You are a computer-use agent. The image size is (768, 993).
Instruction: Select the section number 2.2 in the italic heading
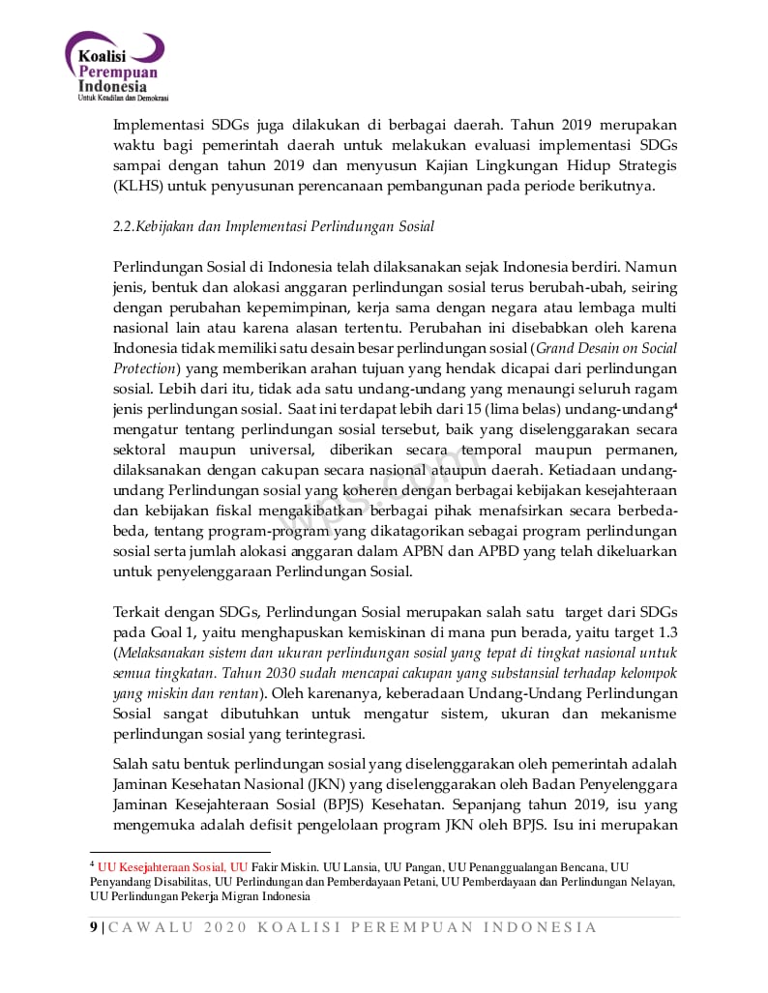point(124,227)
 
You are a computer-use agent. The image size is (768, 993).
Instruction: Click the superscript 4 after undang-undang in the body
point(674,406)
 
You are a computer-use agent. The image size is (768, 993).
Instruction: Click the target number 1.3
point(667,632)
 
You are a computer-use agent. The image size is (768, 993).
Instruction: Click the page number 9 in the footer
point(94,928)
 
